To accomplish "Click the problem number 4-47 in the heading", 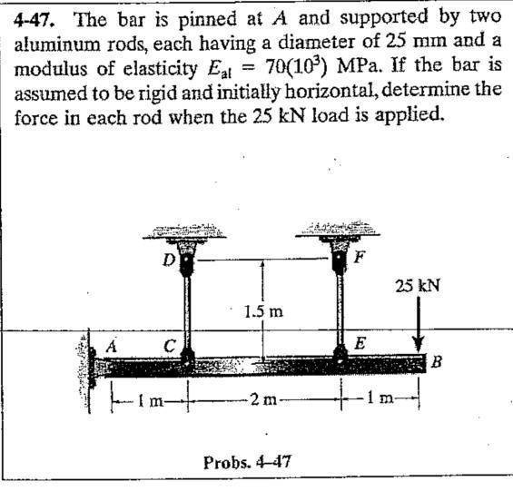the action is pos(34,20).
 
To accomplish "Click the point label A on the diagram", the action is pos(112,346).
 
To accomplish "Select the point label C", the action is pos(170,346).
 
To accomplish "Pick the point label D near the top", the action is pos(169,260).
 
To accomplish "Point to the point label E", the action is pos(360,343).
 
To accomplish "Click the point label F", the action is pos(359,258).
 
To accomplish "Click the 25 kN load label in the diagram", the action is pos(418,286).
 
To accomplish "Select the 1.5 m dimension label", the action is pos(264,311).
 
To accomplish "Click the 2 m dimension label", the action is pos(263,399).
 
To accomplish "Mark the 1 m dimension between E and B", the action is pos(380,398).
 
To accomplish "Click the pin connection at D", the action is pos(187,262).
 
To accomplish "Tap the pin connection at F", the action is pos(339,260).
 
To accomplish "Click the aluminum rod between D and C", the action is pos(187,312).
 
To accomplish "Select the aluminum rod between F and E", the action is pos(340,309).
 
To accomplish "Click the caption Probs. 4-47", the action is pos(247,462).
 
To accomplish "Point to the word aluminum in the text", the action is pos(57,44).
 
